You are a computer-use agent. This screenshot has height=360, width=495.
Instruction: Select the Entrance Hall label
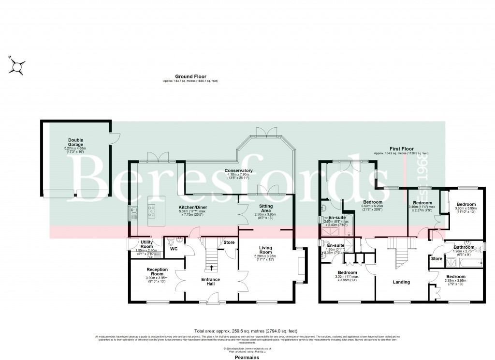(x=210, y=282)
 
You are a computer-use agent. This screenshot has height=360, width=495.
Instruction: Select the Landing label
(x=401, y=282)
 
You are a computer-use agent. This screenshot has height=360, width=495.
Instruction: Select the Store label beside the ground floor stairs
(x=229, y=242)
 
